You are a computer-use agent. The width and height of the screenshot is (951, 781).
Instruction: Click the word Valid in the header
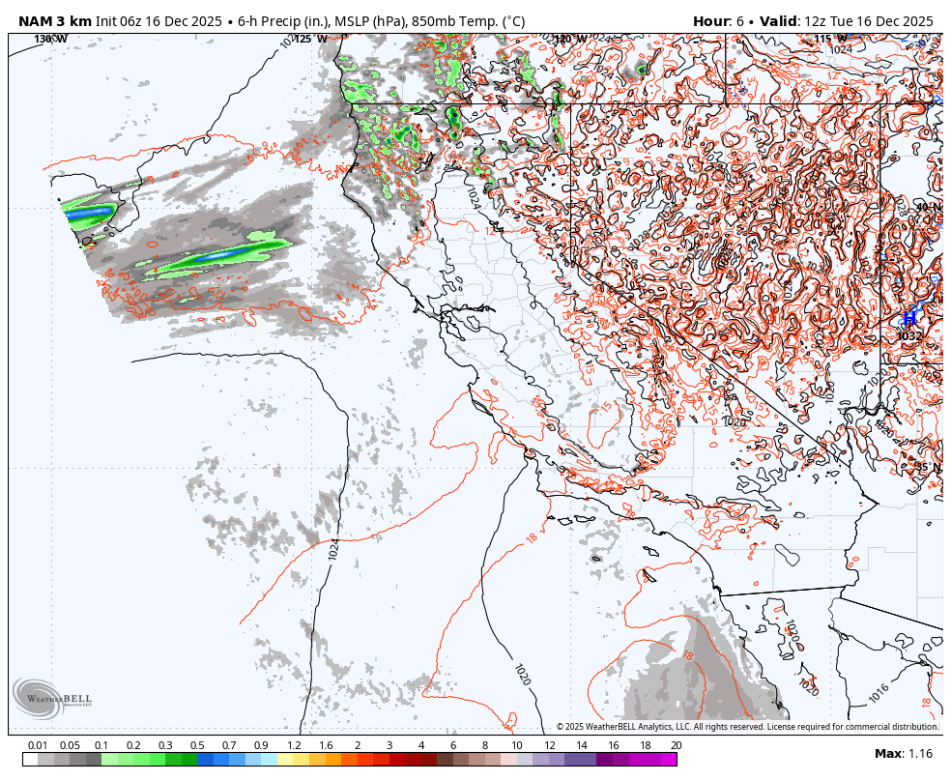pos(778,20)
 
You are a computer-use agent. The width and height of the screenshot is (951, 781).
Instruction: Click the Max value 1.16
pos(919,753)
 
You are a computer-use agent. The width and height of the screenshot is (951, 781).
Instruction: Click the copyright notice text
pos(747,727)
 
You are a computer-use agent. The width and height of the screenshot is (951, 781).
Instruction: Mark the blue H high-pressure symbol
pos(908,317)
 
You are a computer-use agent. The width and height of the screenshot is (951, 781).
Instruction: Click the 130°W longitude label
pos(50,39)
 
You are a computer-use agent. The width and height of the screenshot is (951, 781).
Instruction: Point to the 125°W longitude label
pos(310,39)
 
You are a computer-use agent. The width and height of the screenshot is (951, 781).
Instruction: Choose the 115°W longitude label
pos(822,39)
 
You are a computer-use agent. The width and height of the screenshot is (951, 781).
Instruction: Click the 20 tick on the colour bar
pos(676,745)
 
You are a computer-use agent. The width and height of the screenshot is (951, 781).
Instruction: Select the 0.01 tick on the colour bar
pos(38,745)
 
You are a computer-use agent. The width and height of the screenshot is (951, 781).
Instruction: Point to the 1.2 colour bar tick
pos(294,745)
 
